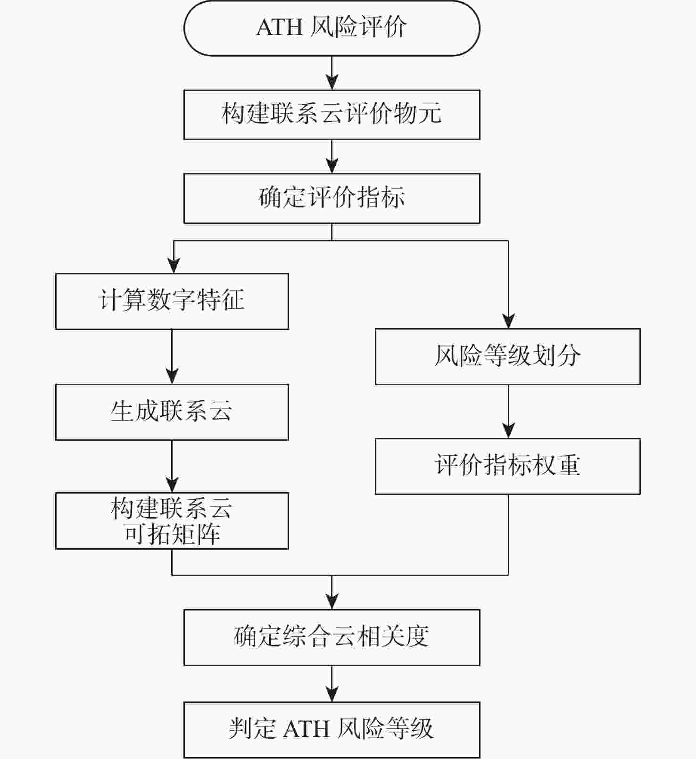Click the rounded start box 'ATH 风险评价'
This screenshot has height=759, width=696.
(331, 28)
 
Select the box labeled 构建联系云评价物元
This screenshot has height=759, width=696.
(331, 115)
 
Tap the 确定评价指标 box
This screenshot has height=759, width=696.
(331, 198)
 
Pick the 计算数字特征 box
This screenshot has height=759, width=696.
(172, 301)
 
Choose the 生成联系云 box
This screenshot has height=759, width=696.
(172, 412)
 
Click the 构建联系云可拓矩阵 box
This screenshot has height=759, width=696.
(172, 521)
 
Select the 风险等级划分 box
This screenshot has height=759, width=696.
(507, 356)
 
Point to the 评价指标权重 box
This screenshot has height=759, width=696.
(507, 466)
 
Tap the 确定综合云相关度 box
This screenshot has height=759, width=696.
(331, 637)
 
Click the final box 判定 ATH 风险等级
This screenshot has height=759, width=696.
(331, 729)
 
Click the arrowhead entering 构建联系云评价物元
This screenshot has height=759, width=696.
(332, 83)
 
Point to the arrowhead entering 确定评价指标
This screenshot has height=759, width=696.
(332, 166)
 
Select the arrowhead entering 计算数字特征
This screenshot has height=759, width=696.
(174, 266)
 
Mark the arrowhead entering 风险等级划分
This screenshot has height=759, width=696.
(508, 322)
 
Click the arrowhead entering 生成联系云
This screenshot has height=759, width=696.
(172, 377)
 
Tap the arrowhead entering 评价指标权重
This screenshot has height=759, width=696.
(508, 431)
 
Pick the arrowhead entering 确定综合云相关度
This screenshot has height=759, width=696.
(332, 602)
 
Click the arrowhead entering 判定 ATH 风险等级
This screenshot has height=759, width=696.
(332, 694)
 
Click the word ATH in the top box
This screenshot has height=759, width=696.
(279, 28)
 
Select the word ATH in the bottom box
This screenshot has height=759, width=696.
(306, 729)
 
